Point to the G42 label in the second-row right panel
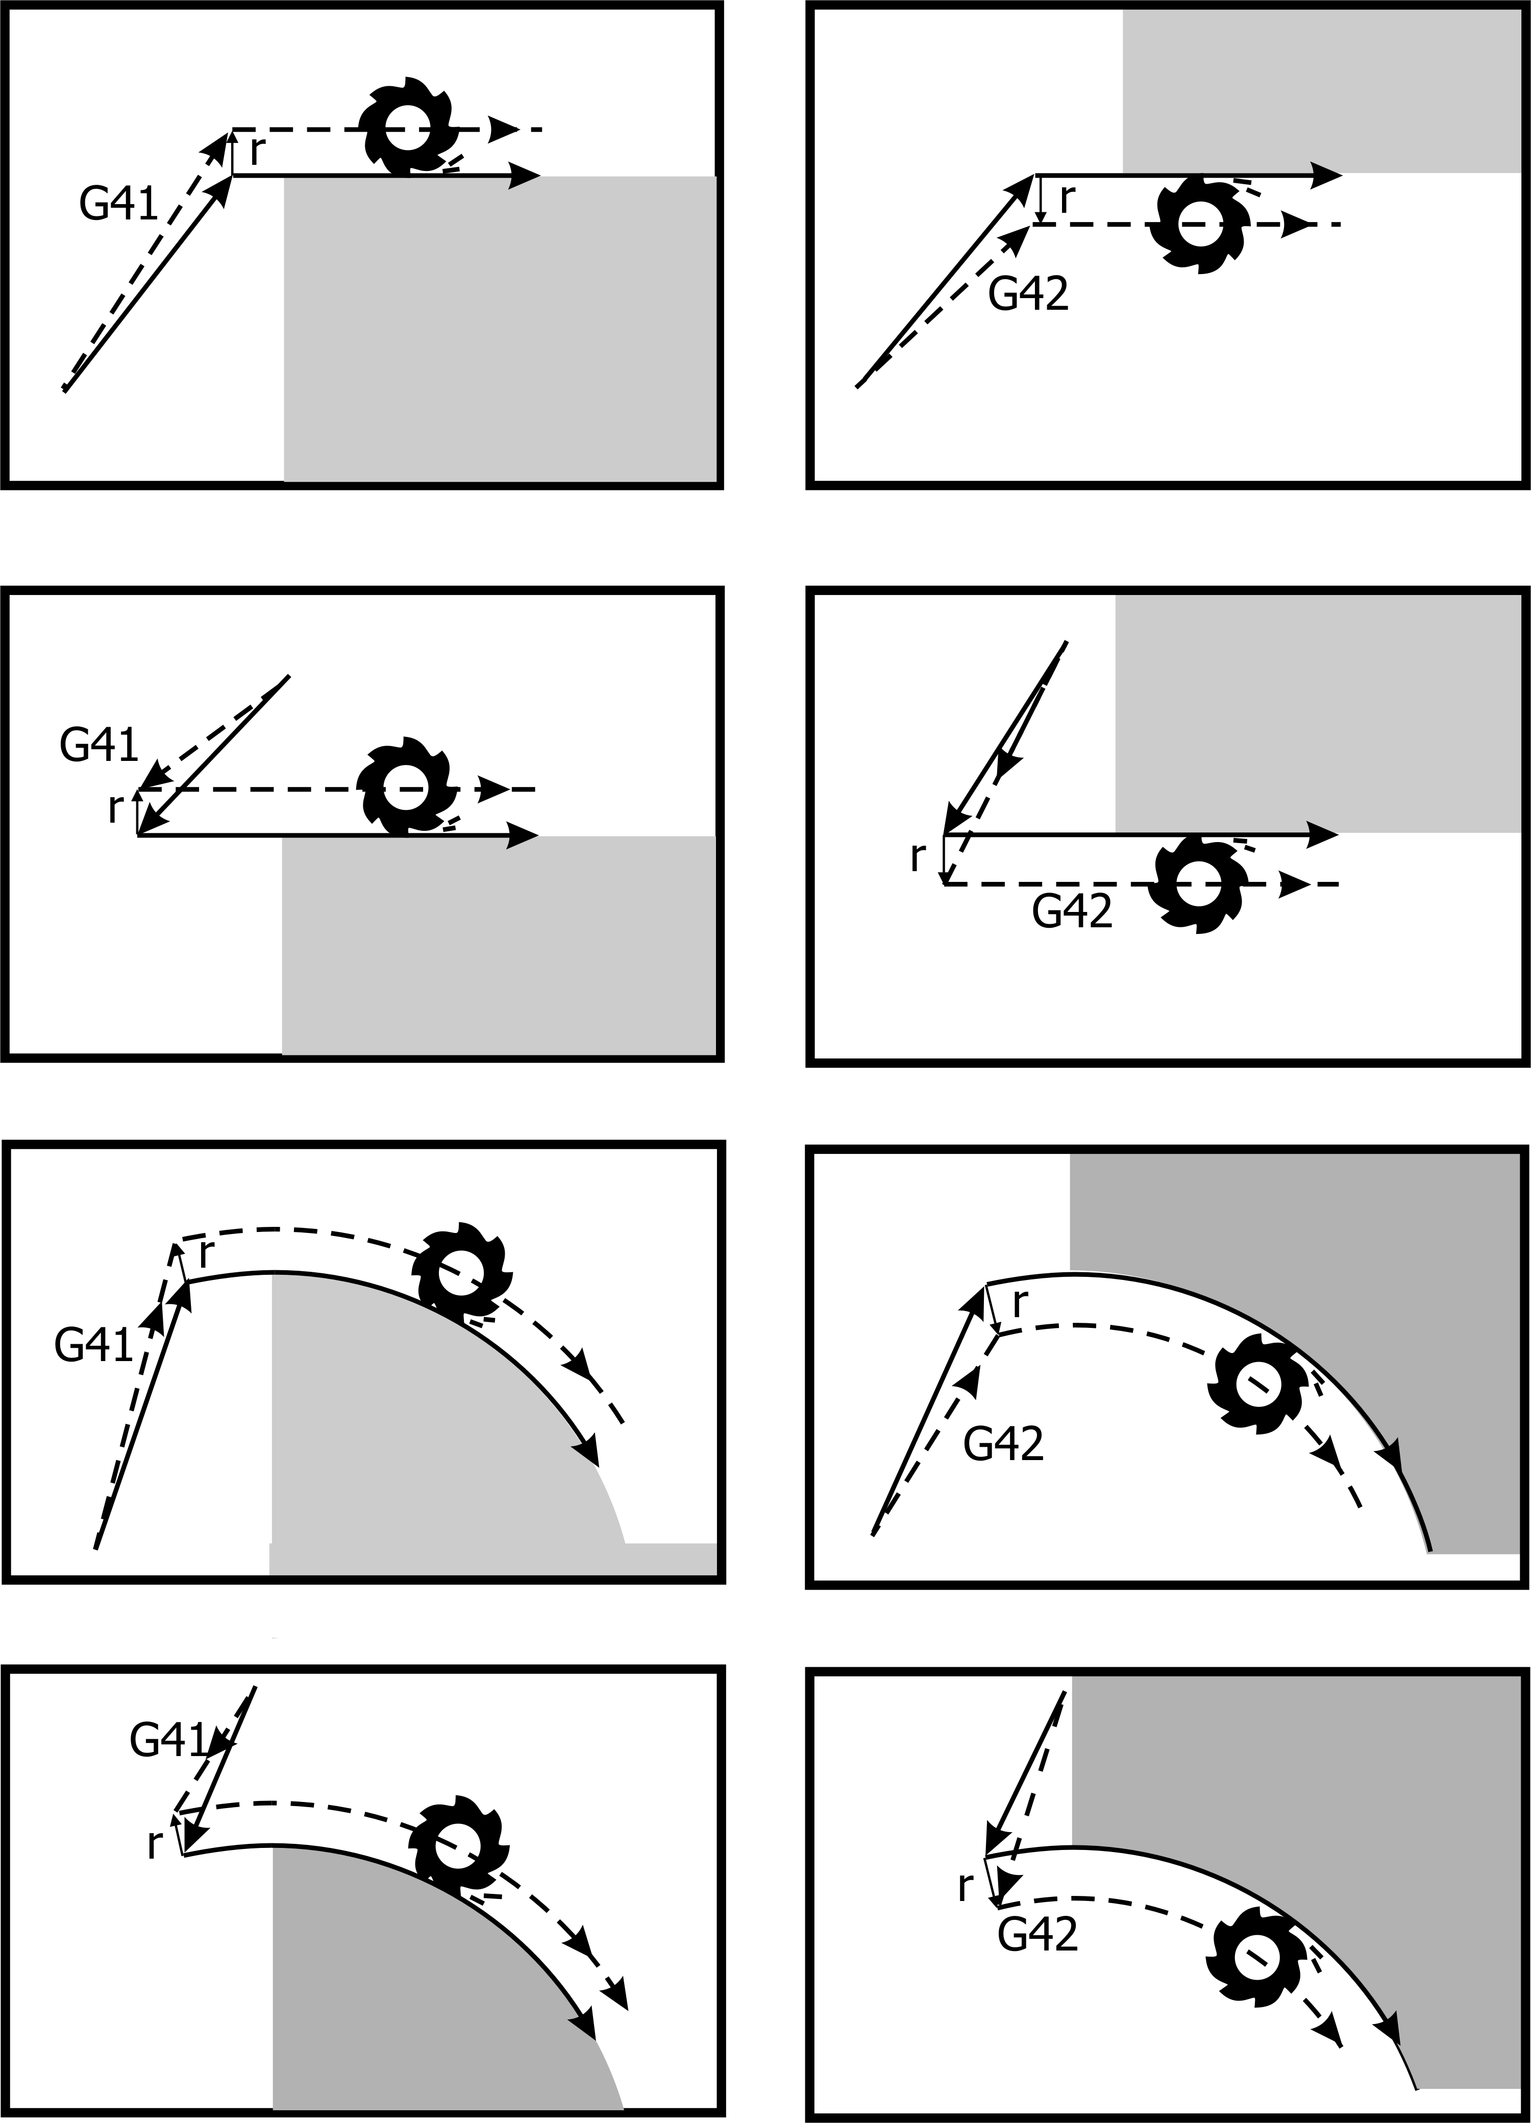point(1072,911)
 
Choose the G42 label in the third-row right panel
point(1003,1445)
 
